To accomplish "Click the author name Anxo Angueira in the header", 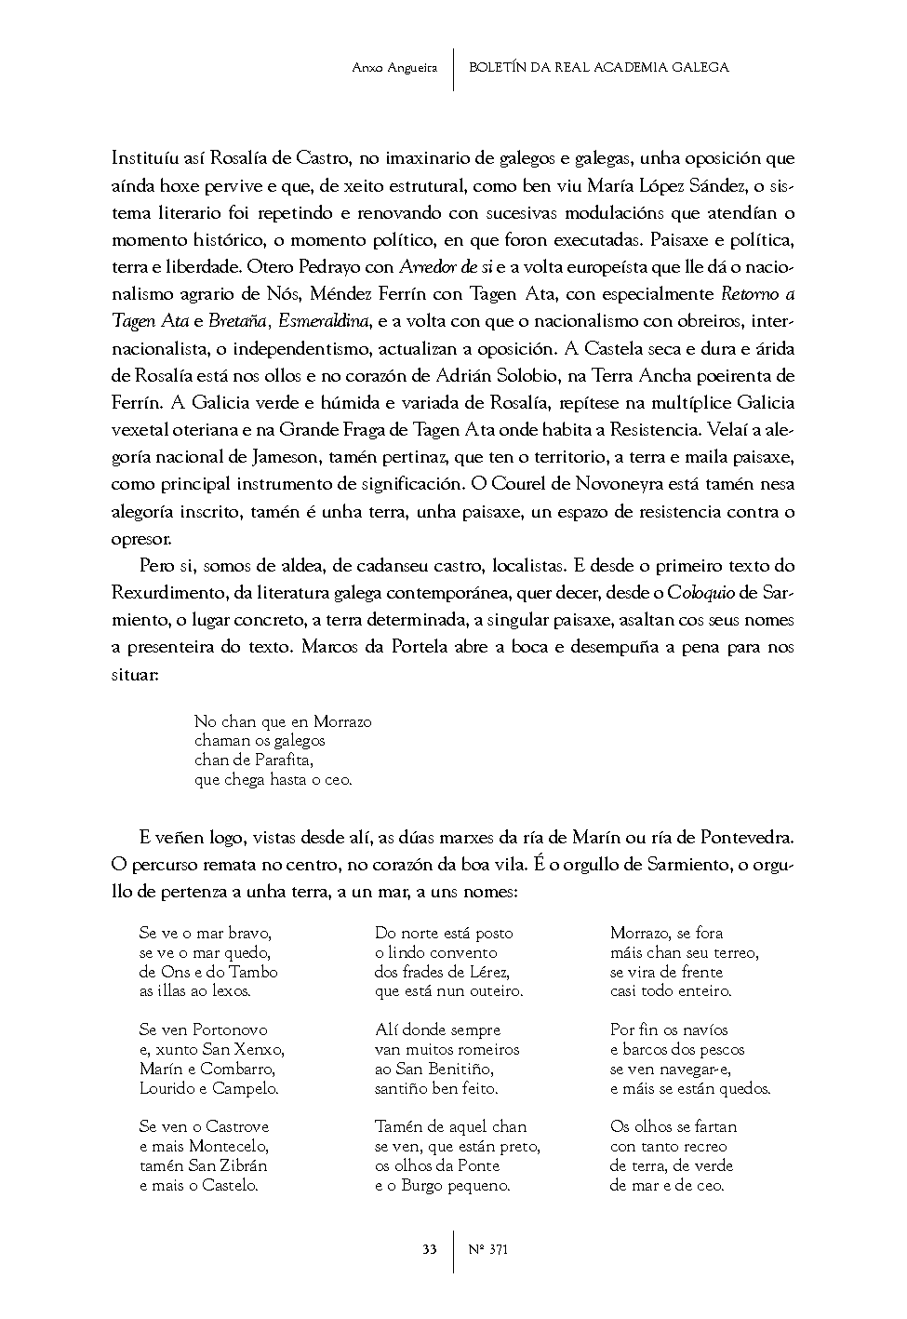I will [395, 67].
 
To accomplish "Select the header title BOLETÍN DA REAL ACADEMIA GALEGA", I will [599, 67].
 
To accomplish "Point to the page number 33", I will [429, 1249].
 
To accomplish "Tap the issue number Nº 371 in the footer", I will [488, 1249].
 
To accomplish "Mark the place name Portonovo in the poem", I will [229, 1030].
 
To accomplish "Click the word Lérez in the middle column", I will [484, 972].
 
